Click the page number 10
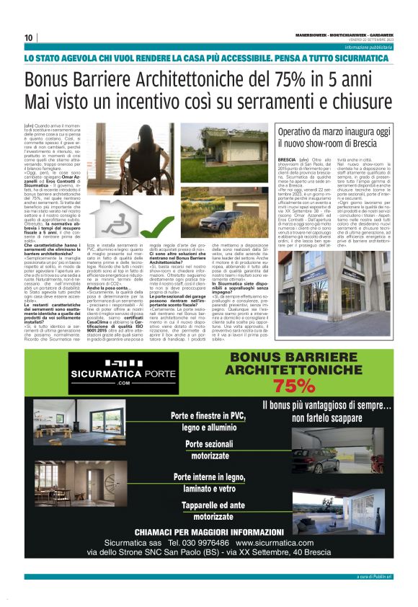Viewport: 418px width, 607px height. [x=29, y=37]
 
